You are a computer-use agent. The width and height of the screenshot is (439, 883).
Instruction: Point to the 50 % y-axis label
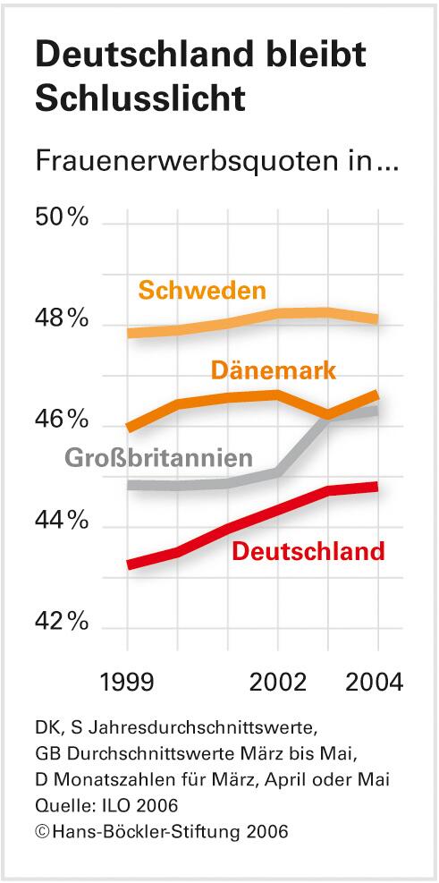pyautogui.click(x=62, y=218)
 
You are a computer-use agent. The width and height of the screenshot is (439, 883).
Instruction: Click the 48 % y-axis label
pyautogui.click(x=62, y=318)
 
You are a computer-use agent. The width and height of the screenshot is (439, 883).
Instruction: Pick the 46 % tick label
pyautogui.click(x=62, y=419)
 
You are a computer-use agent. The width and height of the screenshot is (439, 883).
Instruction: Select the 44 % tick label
pyautogui.click(x=62, y=520)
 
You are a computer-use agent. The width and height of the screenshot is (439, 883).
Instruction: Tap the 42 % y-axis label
pyautogui.click(x=62, y=621)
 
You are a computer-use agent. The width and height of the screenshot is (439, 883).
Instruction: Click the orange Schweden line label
pyautogui.click(x=202, y=291)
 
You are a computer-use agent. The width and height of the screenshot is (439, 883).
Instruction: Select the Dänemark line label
pyautogui.click(x=274, y=369)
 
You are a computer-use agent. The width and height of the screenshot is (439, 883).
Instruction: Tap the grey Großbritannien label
pyautogui.click(x=157, y=458)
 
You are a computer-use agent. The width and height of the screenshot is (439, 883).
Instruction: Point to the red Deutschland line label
pyautogui.click(x=308, y=551)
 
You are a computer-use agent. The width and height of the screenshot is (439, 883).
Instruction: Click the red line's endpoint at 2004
pyautogui.click(x=376, y=487)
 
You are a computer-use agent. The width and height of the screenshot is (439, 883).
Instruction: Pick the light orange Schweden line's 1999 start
pyautogui.click(x=129, y=334)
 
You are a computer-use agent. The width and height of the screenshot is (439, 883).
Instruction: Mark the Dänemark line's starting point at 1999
pyautogui.click(x=129, y=428)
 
